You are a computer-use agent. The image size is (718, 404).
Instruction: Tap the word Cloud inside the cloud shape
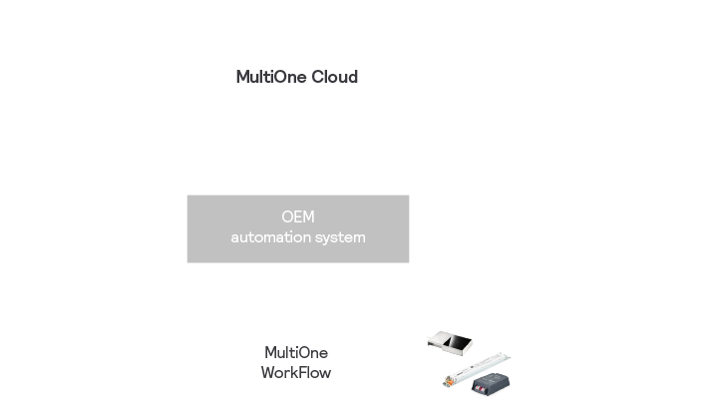click(x=333, y=78)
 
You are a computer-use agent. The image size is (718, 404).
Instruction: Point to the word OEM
click(x=298, y=218)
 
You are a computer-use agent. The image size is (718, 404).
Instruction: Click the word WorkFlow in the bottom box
click(x=297, y=372)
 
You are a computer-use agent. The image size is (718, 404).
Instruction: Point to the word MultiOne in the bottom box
click(x=297, y=352)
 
